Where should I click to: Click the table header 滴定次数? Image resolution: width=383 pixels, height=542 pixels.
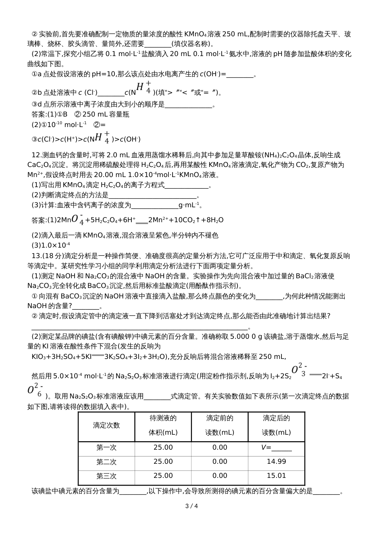tap(106, 425)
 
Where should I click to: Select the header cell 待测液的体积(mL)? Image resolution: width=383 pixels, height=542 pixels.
tap(163, 425)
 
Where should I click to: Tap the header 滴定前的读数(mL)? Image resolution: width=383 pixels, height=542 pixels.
tap(220, 425)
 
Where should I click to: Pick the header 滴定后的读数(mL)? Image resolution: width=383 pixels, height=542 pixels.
tap(276, 425)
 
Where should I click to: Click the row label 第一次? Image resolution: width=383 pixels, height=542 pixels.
tap(106, 448)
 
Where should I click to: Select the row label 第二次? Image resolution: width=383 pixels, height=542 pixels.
tap(106, 462)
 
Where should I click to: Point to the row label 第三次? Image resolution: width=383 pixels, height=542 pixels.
tap(106, 476)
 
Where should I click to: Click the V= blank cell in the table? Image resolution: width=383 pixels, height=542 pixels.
tap(276, 448)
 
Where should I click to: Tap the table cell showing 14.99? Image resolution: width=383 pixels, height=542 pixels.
tap(276, 462)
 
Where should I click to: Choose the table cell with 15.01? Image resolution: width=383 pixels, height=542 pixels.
tap(276, 476)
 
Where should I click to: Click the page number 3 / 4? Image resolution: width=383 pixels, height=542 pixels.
tap(191, 506)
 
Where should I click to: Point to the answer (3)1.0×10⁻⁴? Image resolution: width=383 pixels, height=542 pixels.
tap(51, 245)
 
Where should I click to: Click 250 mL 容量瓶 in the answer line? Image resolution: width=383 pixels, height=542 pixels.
tap(106, 114)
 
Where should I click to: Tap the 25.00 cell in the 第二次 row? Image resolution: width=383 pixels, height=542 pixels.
tap(163, 462)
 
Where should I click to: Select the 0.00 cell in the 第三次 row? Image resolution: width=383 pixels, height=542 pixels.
tap(220, 476)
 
